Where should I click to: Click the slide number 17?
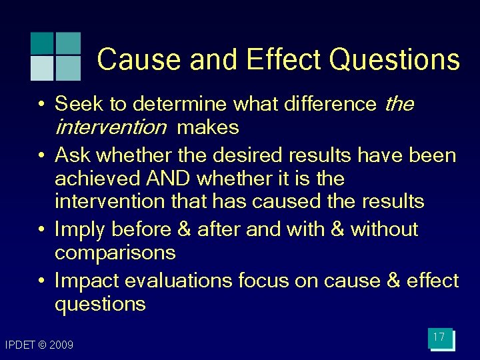tap(439, 337)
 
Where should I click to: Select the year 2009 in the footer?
tap(61, 345)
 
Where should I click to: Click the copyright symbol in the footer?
tap(42, 345)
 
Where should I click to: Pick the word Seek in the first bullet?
tap(79, 104)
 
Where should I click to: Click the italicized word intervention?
tap(110, 127)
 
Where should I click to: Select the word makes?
tap(208, 127)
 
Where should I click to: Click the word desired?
tap(247, 155)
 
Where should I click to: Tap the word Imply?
tap(80, 229)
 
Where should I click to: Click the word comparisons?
tap(115, 253)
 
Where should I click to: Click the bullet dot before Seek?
tap(42, 105)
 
